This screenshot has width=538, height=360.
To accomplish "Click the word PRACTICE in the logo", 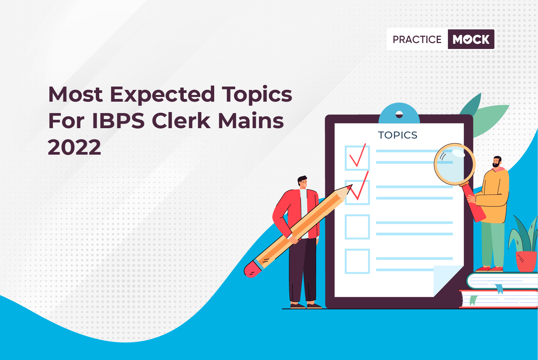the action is [x=417, y=39].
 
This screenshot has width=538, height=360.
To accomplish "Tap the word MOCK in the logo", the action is [x=471, y=39].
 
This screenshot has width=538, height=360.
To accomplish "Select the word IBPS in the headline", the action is [x=118, y=121].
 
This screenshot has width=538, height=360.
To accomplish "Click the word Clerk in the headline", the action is [x=181, y=121].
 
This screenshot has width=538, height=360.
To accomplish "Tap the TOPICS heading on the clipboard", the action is [x=398, y=135].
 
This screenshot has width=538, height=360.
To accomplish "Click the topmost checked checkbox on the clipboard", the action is [x=357, y=158].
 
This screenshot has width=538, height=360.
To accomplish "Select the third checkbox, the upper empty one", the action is [x=357, y=227].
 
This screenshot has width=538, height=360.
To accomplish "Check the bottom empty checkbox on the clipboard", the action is [x=357, y=261].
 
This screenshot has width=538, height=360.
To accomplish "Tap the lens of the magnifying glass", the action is [x=455, y=164].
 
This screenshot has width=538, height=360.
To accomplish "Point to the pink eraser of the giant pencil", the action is [x=252, y=269].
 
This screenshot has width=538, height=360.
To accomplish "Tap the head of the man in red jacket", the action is [x=303, y=183].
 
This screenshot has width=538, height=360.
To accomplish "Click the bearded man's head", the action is [x=497, y=162].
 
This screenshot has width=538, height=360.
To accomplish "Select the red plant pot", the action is [x=526, y=261].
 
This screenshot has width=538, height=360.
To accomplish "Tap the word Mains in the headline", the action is [x=251, y=121].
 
